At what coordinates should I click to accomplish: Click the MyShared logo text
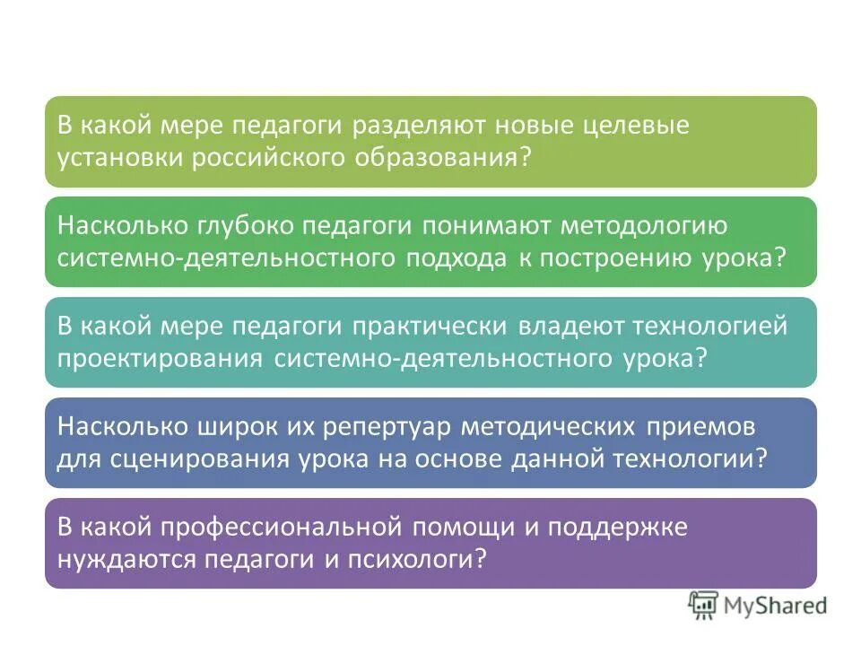pos(776,606)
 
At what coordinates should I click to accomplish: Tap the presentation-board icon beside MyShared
pos(703,606)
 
